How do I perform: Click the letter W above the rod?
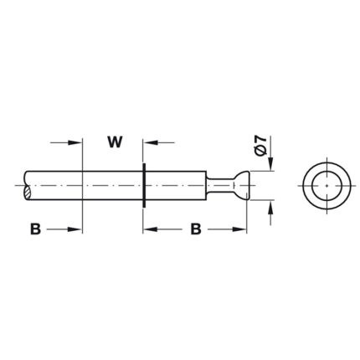tap(115, 142)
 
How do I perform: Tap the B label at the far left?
tap(35, 229)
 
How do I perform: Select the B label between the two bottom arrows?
tap(196, 229)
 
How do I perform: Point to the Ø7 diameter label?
tap(261, 146)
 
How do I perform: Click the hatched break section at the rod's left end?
tap(28, 192)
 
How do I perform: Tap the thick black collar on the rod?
tap(144, 185)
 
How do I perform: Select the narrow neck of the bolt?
tap(220, 185)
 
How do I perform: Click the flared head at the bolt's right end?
tap(241, 185)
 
